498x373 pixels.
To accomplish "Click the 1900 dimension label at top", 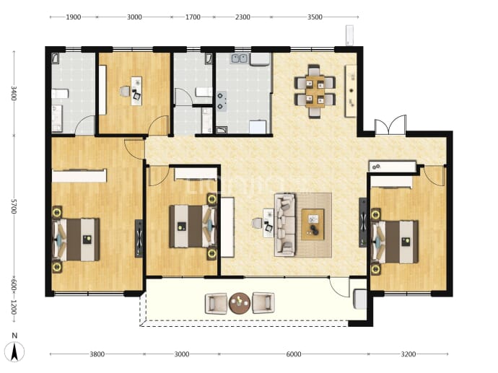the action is [74, 17].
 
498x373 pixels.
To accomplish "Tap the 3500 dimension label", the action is [315, 17].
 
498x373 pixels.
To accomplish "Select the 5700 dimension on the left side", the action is [13, 206].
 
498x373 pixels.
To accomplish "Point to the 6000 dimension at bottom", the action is [294, 354].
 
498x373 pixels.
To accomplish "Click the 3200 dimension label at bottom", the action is [408, 354].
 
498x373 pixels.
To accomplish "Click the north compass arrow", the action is [14, 352].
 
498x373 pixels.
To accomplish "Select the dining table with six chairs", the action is [315, 91].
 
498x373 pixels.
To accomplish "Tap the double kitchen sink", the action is [239, 58].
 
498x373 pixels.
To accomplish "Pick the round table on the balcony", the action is [240, 303].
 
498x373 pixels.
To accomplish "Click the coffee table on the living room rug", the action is [313, 224].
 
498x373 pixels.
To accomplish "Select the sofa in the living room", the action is [285, 225].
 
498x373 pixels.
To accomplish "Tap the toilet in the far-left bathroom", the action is [60, 94].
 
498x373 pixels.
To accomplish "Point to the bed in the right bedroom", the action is [395, 242].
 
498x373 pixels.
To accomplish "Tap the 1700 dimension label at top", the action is [193, 17].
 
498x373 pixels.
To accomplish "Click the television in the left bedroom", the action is [139, 238].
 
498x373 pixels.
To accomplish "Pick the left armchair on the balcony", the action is [217, 304].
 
